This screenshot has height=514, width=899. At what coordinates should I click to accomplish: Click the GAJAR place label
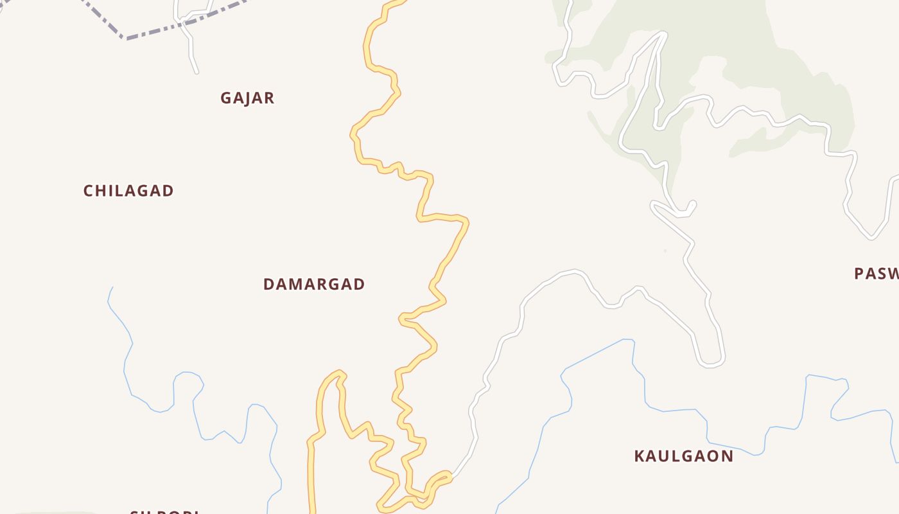point(247,98)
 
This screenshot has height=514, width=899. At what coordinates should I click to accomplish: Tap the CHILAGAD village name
point(128,191)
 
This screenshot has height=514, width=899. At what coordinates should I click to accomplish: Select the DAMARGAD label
point(314,284)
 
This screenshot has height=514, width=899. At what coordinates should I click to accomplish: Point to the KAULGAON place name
point(683,456)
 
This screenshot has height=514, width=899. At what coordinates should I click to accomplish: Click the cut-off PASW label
point(876,274)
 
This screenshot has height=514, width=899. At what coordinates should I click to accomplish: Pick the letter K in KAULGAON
point(640,456)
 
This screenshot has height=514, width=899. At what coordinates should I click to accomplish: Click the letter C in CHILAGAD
point(89,191)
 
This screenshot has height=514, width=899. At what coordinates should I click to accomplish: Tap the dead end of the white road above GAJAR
point(196,72)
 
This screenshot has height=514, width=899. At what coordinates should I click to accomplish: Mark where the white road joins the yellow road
point(449,477)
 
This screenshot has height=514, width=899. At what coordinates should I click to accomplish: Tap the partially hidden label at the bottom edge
point(164,511)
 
